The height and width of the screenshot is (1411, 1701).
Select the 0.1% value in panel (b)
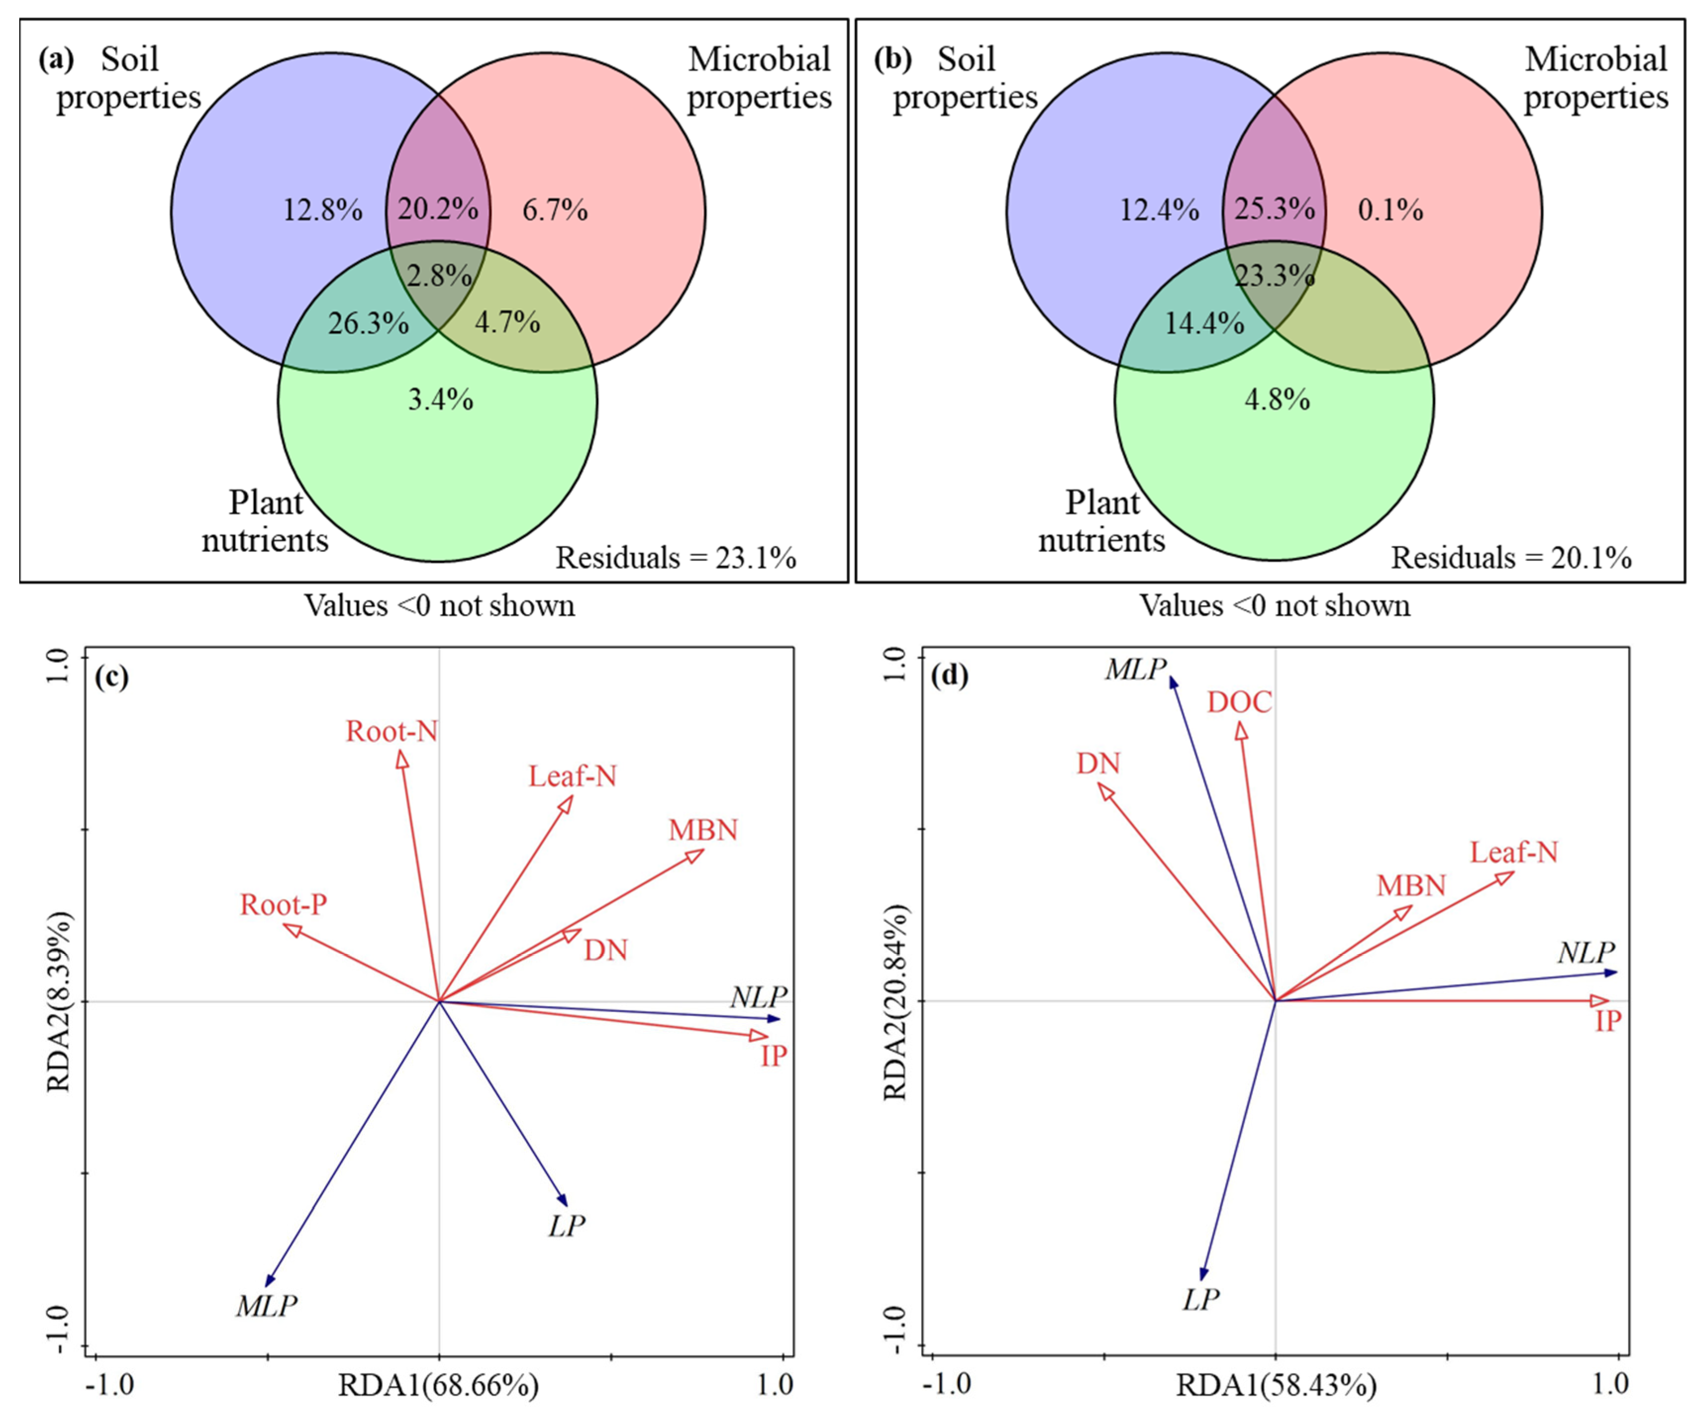(1390, 211)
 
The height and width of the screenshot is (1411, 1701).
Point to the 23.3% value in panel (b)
(1274, 276)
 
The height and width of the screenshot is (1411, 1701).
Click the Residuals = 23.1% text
(676, 558)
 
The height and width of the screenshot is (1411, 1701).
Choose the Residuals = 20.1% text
(1511, 558)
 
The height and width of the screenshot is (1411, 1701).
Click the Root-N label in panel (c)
(391, 731)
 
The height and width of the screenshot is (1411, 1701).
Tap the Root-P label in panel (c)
(284, 905)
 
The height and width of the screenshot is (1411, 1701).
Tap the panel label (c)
(111, 676)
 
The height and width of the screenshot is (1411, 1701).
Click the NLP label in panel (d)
(1586, 953)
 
